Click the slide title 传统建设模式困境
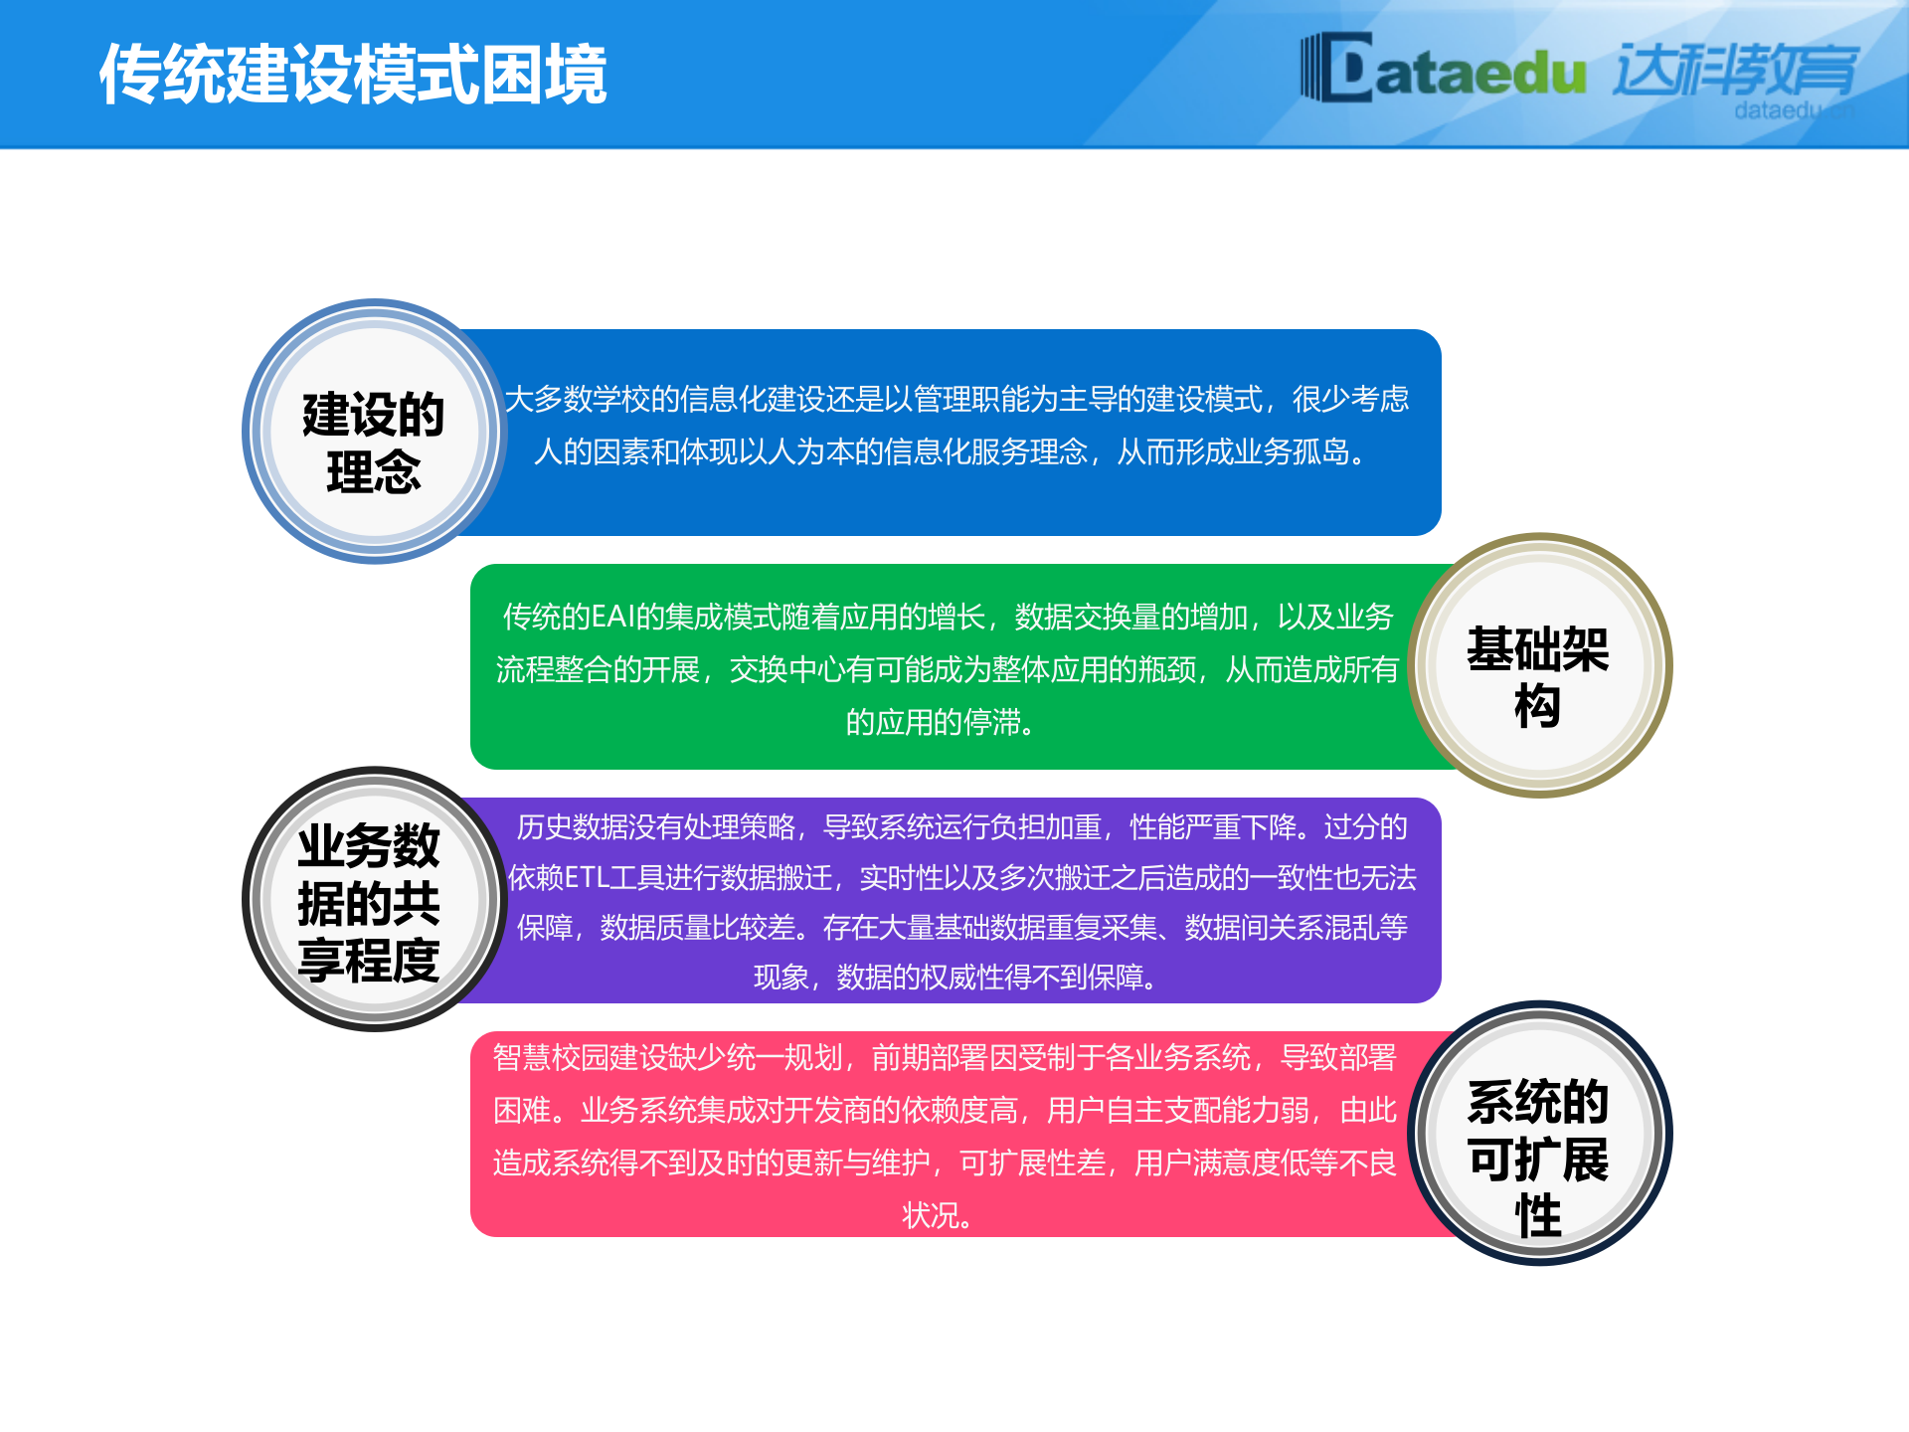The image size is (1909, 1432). (x=353, y=75)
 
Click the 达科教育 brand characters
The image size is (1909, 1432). (x=1735, y=70)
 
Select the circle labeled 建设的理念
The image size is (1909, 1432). (x=374, y=432)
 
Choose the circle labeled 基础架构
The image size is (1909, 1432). (x=1539, y=665)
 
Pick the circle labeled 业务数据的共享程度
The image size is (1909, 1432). (x=374, y=899)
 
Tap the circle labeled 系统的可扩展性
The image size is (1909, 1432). (x=1539, y=1133)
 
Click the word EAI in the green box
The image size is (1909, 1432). (x=612, y=618)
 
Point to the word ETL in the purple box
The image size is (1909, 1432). (x=586, y=878)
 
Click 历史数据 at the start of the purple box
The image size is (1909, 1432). (x=558, y=827)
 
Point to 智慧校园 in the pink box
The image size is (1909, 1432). (x=550, y=1058)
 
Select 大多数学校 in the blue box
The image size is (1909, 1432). (x=577, y=400)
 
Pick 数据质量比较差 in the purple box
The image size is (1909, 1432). (x=697, y=928)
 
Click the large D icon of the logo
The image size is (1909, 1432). (x=1337, y=68)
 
